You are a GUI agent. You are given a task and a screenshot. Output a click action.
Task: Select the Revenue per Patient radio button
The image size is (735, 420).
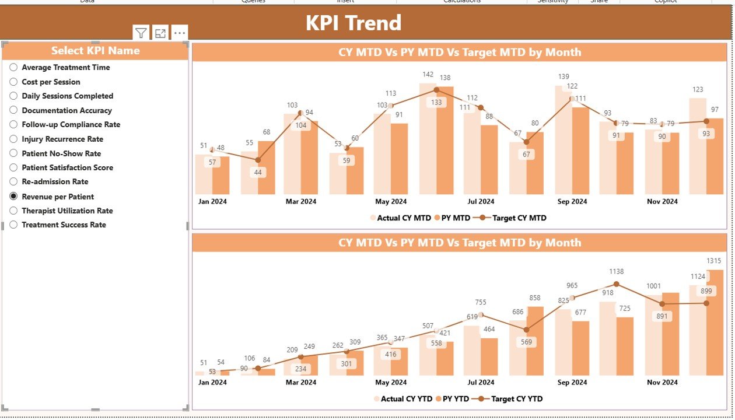(x=13, y=197)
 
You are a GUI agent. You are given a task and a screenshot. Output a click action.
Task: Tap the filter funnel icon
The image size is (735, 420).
(x=141, y=33)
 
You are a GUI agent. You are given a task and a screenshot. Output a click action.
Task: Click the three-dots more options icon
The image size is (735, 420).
(x=180, y=33)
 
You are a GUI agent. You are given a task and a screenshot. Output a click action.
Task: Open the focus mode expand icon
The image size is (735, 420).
(x=160, y=33)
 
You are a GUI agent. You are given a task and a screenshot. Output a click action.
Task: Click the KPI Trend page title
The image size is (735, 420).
(x=353, y=23)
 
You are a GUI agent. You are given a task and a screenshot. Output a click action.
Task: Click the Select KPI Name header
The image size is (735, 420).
(x=95, y=51)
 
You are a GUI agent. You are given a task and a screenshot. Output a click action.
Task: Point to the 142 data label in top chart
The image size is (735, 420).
(x=428, y=75)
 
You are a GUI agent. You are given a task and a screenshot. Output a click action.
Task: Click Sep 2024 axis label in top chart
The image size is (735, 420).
(x=572, y=201)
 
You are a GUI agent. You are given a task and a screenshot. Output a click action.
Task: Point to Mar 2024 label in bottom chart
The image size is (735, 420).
(x=300, y=382)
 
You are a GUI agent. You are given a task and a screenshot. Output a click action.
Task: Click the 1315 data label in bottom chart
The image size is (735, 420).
(x=713, y=261)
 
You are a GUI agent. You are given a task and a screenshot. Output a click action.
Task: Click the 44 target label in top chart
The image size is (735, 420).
(x=258, y=172)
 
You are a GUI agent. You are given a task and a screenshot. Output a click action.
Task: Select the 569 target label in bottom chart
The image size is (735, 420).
(x=527, y=342)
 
